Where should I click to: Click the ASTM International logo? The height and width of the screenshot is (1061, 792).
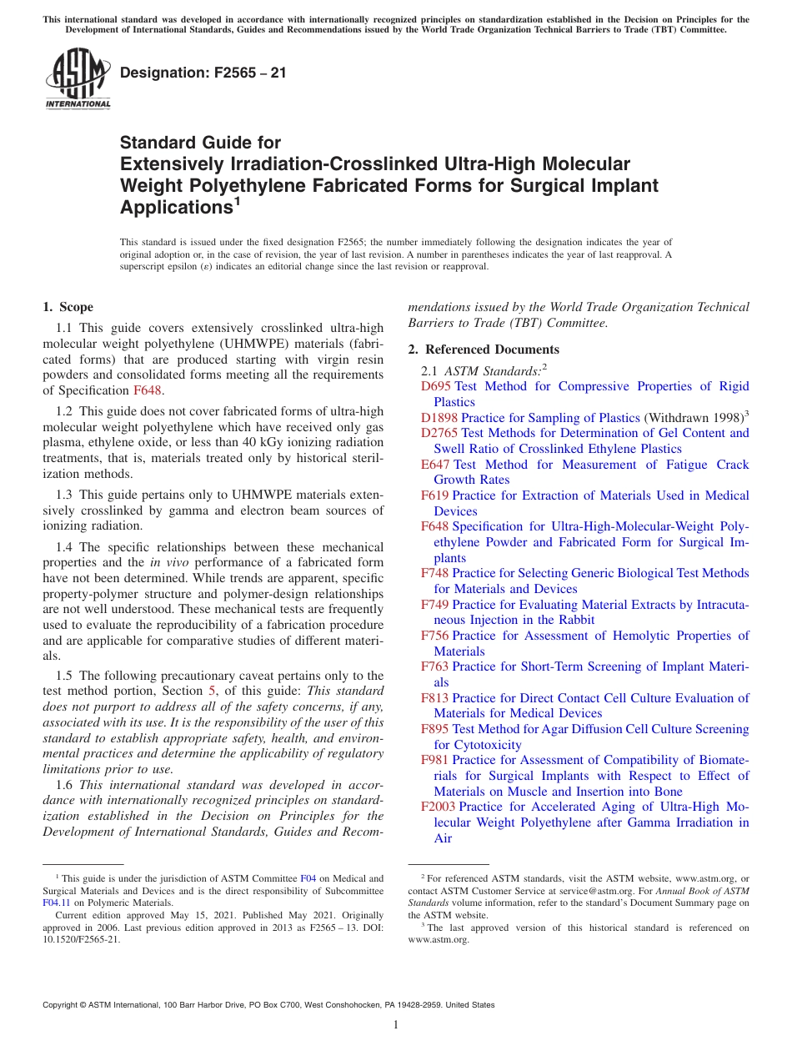tap(77, 81)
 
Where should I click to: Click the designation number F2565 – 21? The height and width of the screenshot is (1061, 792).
tap(203, 73)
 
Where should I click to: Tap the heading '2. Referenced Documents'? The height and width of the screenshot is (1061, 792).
tap(484, 349)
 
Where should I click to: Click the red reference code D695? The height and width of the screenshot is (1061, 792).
tap(435, 386)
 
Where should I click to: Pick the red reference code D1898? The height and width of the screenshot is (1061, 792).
tap(439, 418)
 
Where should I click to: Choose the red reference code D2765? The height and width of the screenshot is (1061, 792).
tap(439, 433)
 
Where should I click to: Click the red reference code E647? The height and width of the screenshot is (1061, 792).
tap(435, 465)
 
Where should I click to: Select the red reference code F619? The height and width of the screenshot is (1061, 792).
tap(434, 495)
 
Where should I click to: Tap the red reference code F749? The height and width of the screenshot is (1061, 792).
tap(434, 604)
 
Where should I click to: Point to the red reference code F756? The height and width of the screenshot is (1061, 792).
tap(434, 636)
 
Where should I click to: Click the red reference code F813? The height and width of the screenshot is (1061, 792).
tap(434, 698)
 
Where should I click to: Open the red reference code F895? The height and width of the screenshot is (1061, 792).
tap(434, 729)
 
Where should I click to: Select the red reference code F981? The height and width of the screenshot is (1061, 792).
tap(434, 760)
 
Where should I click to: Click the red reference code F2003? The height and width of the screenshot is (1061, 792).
tap(438, 807)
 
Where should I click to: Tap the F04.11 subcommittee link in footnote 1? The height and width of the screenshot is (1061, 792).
tap(56, 903)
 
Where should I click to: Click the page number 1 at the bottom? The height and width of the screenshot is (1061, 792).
tap(396, 1024)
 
